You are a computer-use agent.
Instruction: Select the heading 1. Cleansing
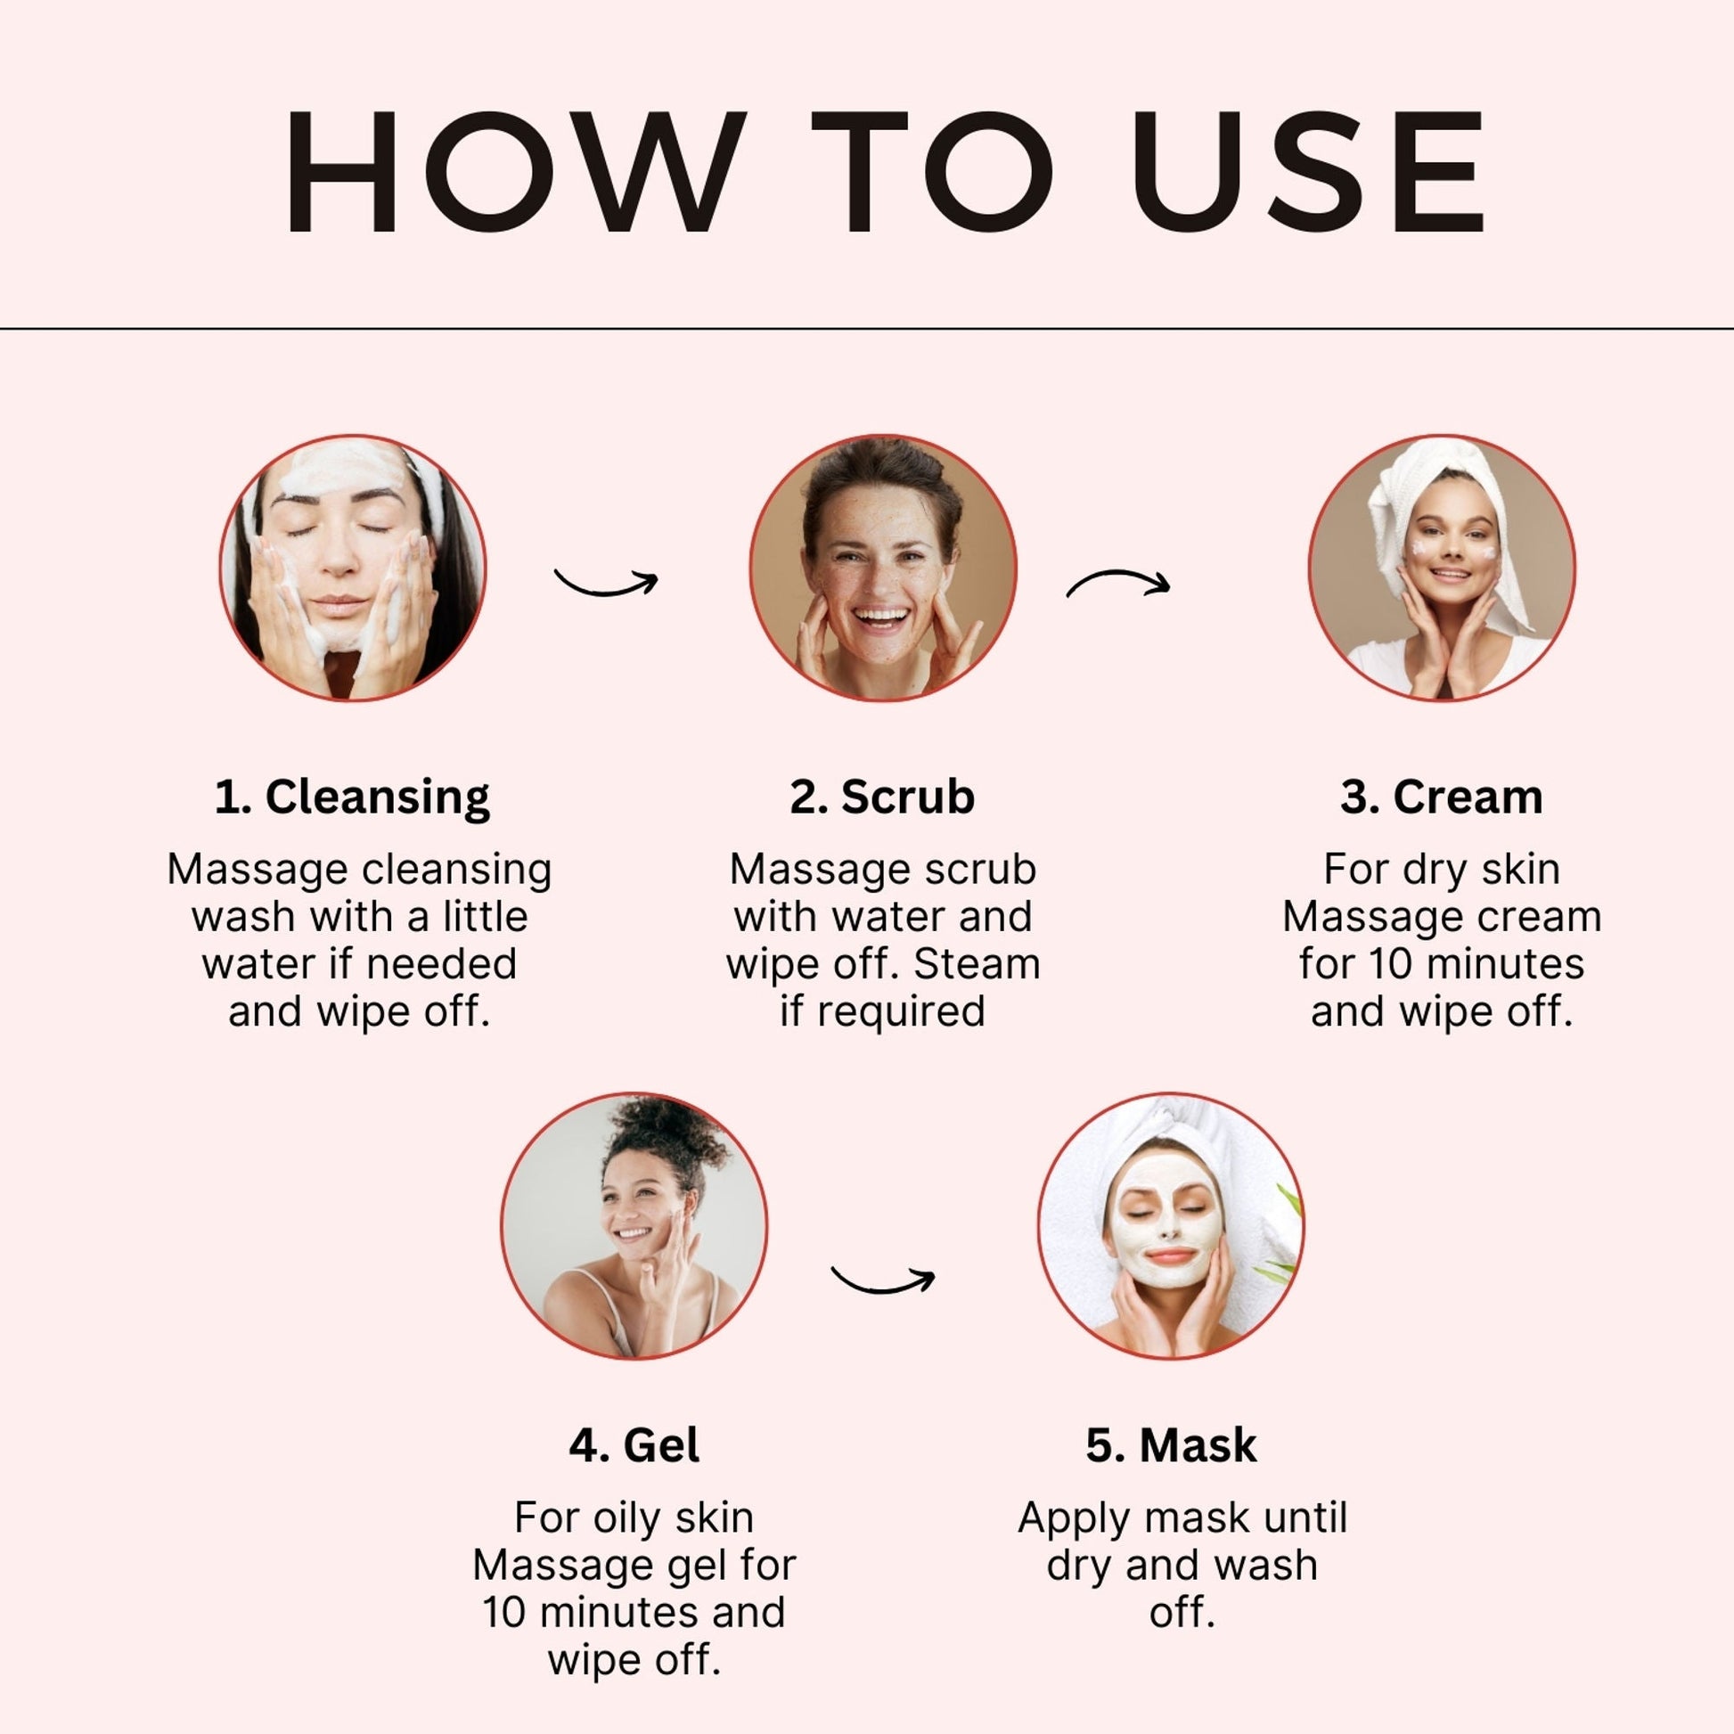point(353,797)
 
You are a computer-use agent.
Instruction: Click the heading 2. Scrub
point(882,796)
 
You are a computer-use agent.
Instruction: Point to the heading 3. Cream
point(1442,796)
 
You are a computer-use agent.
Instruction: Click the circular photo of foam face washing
point(353,568)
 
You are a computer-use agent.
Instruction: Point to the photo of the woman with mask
point(1171,1225)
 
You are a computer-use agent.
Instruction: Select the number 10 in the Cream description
point(1390,964)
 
